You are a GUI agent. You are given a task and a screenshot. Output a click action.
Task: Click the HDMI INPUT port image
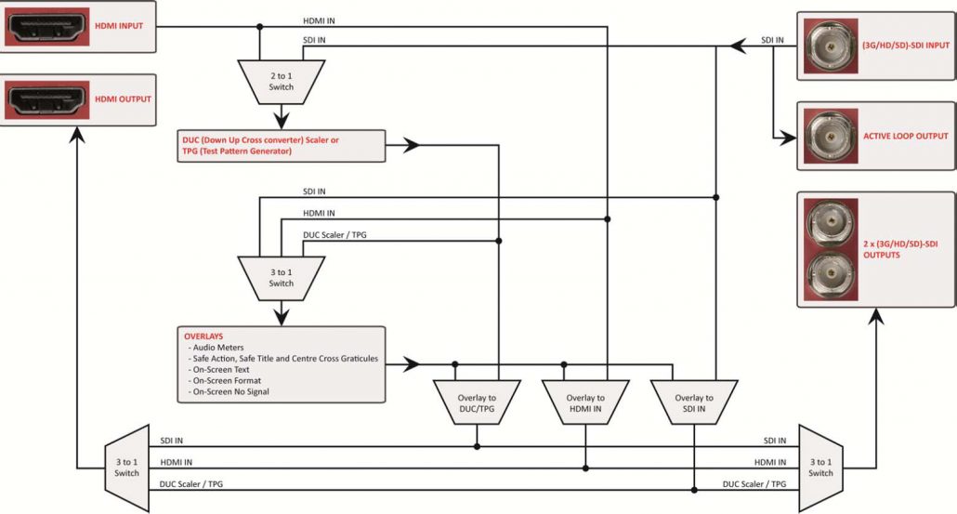point(47,27)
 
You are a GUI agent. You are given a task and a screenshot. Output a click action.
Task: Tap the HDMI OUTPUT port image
point(47,99)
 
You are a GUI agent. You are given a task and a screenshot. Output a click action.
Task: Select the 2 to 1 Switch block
point(282,82)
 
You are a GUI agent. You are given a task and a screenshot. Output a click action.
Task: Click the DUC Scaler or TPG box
point(282,146)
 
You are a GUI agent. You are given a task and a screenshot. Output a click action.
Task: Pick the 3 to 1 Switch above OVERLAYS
point(282,278)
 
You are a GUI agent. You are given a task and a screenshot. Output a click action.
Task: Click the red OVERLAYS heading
point(203,336)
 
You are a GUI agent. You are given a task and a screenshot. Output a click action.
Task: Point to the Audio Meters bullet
point(216,348)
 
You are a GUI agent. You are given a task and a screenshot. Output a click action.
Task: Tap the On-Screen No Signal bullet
point(229,392)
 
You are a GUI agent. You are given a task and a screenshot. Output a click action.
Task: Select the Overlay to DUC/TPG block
point(477,402)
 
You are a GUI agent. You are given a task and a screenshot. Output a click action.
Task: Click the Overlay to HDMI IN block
point(585,402)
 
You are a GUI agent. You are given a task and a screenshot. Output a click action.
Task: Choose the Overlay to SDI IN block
point(694,402)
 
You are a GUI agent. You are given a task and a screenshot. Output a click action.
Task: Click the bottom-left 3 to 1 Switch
point(127,468)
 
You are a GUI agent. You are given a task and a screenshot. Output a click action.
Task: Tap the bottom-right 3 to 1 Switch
point(821,468)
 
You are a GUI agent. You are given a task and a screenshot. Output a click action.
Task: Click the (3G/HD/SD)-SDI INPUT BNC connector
point(831,46)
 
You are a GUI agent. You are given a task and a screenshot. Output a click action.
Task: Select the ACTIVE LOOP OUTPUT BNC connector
point(831,136)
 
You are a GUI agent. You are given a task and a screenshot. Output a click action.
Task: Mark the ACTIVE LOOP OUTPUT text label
point(905,136)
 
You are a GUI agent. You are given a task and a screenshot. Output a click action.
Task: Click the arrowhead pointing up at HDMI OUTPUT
point(77,135)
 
